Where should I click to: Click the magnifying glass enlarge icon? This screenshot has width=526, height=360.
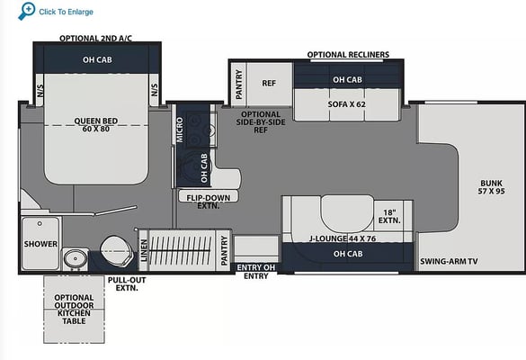(x=26, y=11)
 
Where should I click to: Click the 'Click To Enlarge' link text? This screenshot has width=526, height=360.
(x=66, y=12)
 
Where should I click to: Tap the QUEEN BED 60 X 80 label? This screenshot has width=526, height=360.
(x=96, y=124)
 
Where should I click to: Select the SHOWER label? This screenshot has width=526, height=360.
(x=40, y=244)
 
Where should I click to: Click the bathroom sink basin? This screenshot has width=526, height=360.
(x=76, y=259)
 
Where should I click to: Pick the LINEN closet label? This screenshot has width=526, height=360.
(x=144, y=250)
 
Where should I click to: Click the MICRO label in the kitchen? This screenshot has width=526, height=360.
(x=180, y=130)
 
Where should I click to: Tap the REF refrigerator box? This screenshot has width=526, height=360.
(x=270, y=84)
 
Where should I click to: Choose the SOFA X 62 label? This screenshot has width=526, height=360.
(x=346, y=104)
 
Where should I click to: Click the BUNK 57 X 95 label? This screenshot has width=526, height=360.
(x=492, y=187)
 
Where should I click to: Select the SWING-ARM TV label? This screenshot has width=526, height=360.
(x=449, y=261)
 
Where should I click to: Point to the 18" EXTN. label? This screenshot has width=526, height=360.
(x=389, y=217)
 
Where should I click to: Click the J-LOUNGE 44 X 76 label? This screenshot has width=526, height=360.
(x=343, y=238)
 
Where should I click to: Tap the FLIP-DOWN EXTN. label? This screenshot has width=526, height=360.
(x=209, y=202)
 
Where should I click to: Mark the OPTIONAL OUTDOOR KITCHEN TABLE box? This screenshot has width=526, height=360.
(x=74, y=310)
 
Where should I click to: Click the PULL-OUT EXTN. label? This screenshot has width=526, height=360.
(x=127, y=283)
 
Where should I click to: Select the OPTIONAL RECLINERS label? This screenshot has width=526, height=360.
(x=348, y=54)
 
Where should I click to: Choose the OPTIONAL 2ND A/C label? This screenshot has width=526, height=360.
(x=95, y=39)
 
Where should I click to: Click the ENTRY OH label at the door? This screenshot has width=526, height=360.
(x=256, y=267)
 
